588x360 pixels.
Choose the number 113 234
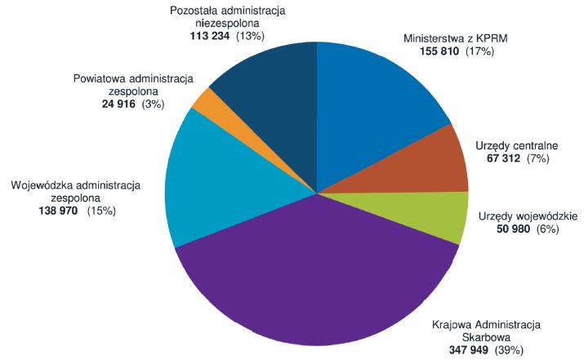[207, 37]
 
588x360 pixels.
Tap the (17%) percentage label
[481, 51]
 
